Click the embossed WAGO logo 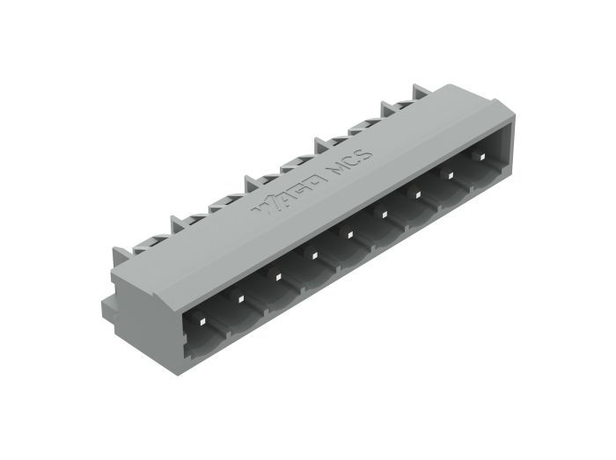tap(289, 193)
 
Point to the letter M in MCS tap(338, 167)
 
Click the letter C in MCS tap(352, 160)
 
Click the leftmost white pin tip tap(202, 322)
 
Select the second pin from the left tap(241, 299)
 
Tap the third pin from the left tap(278, 277)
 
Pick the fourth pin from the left tap(314, 256)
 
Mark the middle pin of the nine tap(349, 235)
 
